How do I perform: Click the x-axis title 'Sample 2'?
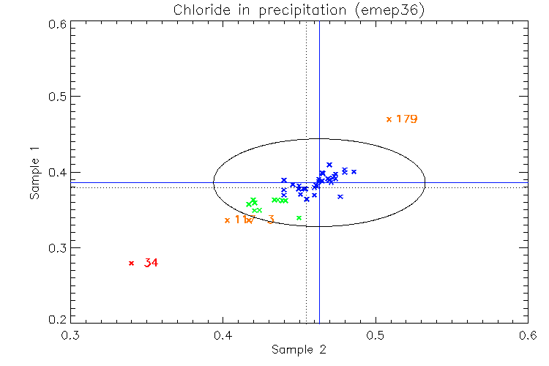pyautogui.click(x=299, y=349)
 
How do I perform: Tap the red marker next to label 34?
pyautogui.click(x=132, y=263)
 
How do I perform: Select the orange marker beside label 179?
pyautogui.click(x=389, y=119)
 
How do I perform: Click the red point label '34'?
pyautogui.click(x=151, y=263)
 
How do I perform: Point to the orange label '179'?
pyautogui.click(x=406, y=119)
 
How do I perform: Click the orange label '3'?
pyautogui.click(x=271, y=220)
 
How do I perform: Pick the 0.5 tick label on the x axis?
pyautogui.click(x=375, y=336)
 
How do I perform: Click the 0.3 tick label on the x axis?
pyautogui.click(x=70, y=336)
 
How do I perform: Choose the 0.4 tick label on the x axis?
pyautogui.click(x=223, y=336)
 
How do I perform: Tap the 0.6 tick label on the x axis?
pyautogui.click(x=527, y=336)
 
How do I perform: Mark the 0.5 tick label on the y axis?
pyautogui.click(x=56, y=97)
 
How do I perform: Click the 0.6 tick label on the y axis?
pyautogui.click(x=56, y=23)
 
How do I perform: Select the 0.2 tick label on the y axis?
pyautogui.click(x=56, y=320)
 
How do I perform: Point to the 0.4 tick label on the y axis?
pyautogui.click(x=56, y=172)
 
